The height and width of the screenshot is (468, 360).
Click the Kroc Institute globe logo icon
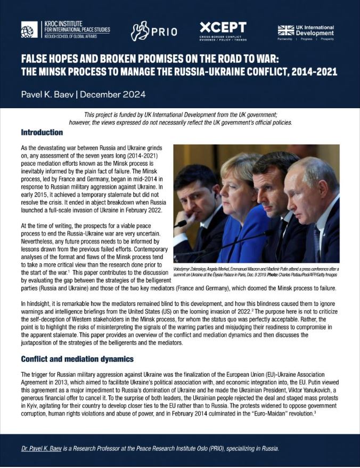30,29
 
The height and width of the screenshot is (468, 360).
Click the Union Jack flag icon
286,30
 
